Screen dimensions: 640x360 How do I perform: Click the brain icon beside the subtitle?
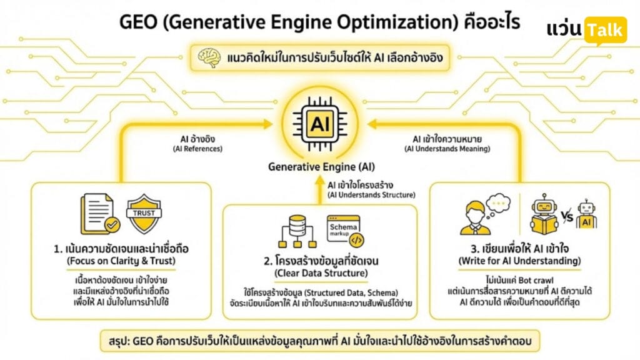coord(209,57)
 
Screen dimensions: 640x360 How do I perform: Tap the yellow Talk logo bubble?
coord(606,30)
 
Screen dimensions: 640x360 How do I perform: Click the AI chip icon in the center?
coord(320,123)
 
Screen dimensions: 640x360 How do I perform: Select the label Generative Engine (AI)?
coord(321,167)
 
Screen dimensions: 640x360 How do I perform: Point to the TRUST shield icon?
coord(144,214)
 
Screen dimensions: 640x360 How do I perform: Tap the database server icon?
coord(297,231)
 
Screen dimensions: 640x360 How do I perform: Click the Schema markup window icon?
coord(345,231)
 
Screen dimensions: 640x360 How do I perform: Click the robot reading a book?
coord(544,214)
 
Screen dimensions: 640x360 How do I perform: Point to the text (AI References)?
coord(198,149)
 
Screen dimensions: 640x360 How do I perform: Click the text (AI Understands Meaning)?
coord(447,149)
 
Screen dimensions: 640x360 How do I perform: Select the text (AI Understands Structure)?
coord(371,195)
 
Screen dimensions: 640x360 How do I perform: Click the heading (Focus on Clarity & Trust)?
coord(121,261)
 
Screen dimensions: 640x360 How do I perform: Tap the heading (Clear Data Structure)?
coord(321,273)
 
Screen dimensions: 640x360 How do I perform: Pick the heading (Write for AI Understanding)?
coord(519,261)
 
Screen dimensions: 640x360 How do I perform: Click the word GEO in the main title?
coord(138,22)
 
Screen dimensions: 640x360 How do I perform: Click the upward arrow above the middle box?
coord(320,190)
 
